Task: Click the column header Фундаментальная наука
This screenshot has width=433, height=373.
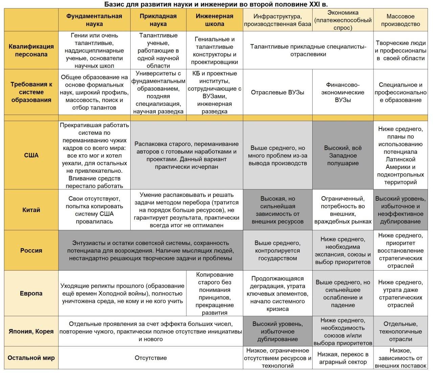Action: (x=94, y=20)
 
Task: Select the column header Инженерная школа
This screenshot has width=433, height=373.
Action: (x=214, y=20)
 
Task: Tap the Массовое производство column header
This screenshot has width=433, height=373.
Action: (x=400, y=20)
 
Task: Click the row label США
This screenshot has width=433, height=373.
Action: (x=31, y=155)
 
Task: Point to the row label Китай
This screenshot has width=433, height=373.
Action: (x=31, y=210)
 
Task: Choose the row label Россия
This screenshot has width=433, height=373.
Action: (x=31, y=250)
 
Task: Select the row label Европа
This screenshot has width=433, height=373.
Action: (x=31, y=293)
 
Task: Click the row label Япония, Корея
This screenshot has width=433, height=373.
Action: (x=31, y=331)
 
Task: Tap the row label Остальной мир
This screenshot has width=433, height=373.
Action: (x=31, y=358)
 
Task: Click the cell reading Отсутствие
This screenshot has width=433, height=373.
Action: (x=151, y=358)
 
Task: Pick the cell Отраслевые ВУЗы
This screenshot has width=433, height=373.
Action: (x=277, y=92)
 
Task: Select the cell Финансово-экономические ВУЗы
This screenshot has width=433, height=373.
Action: (x=343, y=92)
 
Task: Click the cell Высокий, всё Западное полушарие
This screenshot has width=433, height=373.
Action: (x=343, y=155)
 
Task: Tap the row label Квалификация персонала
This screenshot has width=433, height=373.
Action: (x=31, y=50)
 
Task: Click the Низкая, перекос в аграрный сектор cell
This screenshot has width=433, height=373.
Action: (x=343, y=358)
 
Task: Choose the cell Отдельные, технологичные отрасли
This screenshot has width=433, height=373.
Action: (x=400, y=331)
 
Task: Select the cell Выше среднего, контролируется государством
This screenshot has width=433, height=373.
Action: (x=277, y=250)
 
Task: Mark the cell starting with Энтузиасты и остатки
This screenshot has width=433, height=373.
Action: (x=151, y=250)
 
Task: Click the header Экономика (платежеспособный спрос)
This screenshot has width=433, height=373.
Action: (x=343, y=20)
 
